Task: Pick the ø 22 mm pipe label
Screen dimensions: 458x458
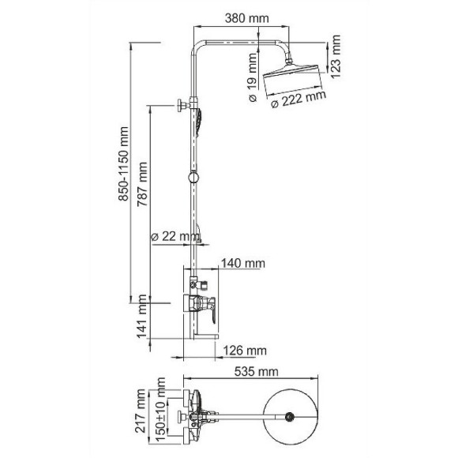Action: click(x=175, y=236)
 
